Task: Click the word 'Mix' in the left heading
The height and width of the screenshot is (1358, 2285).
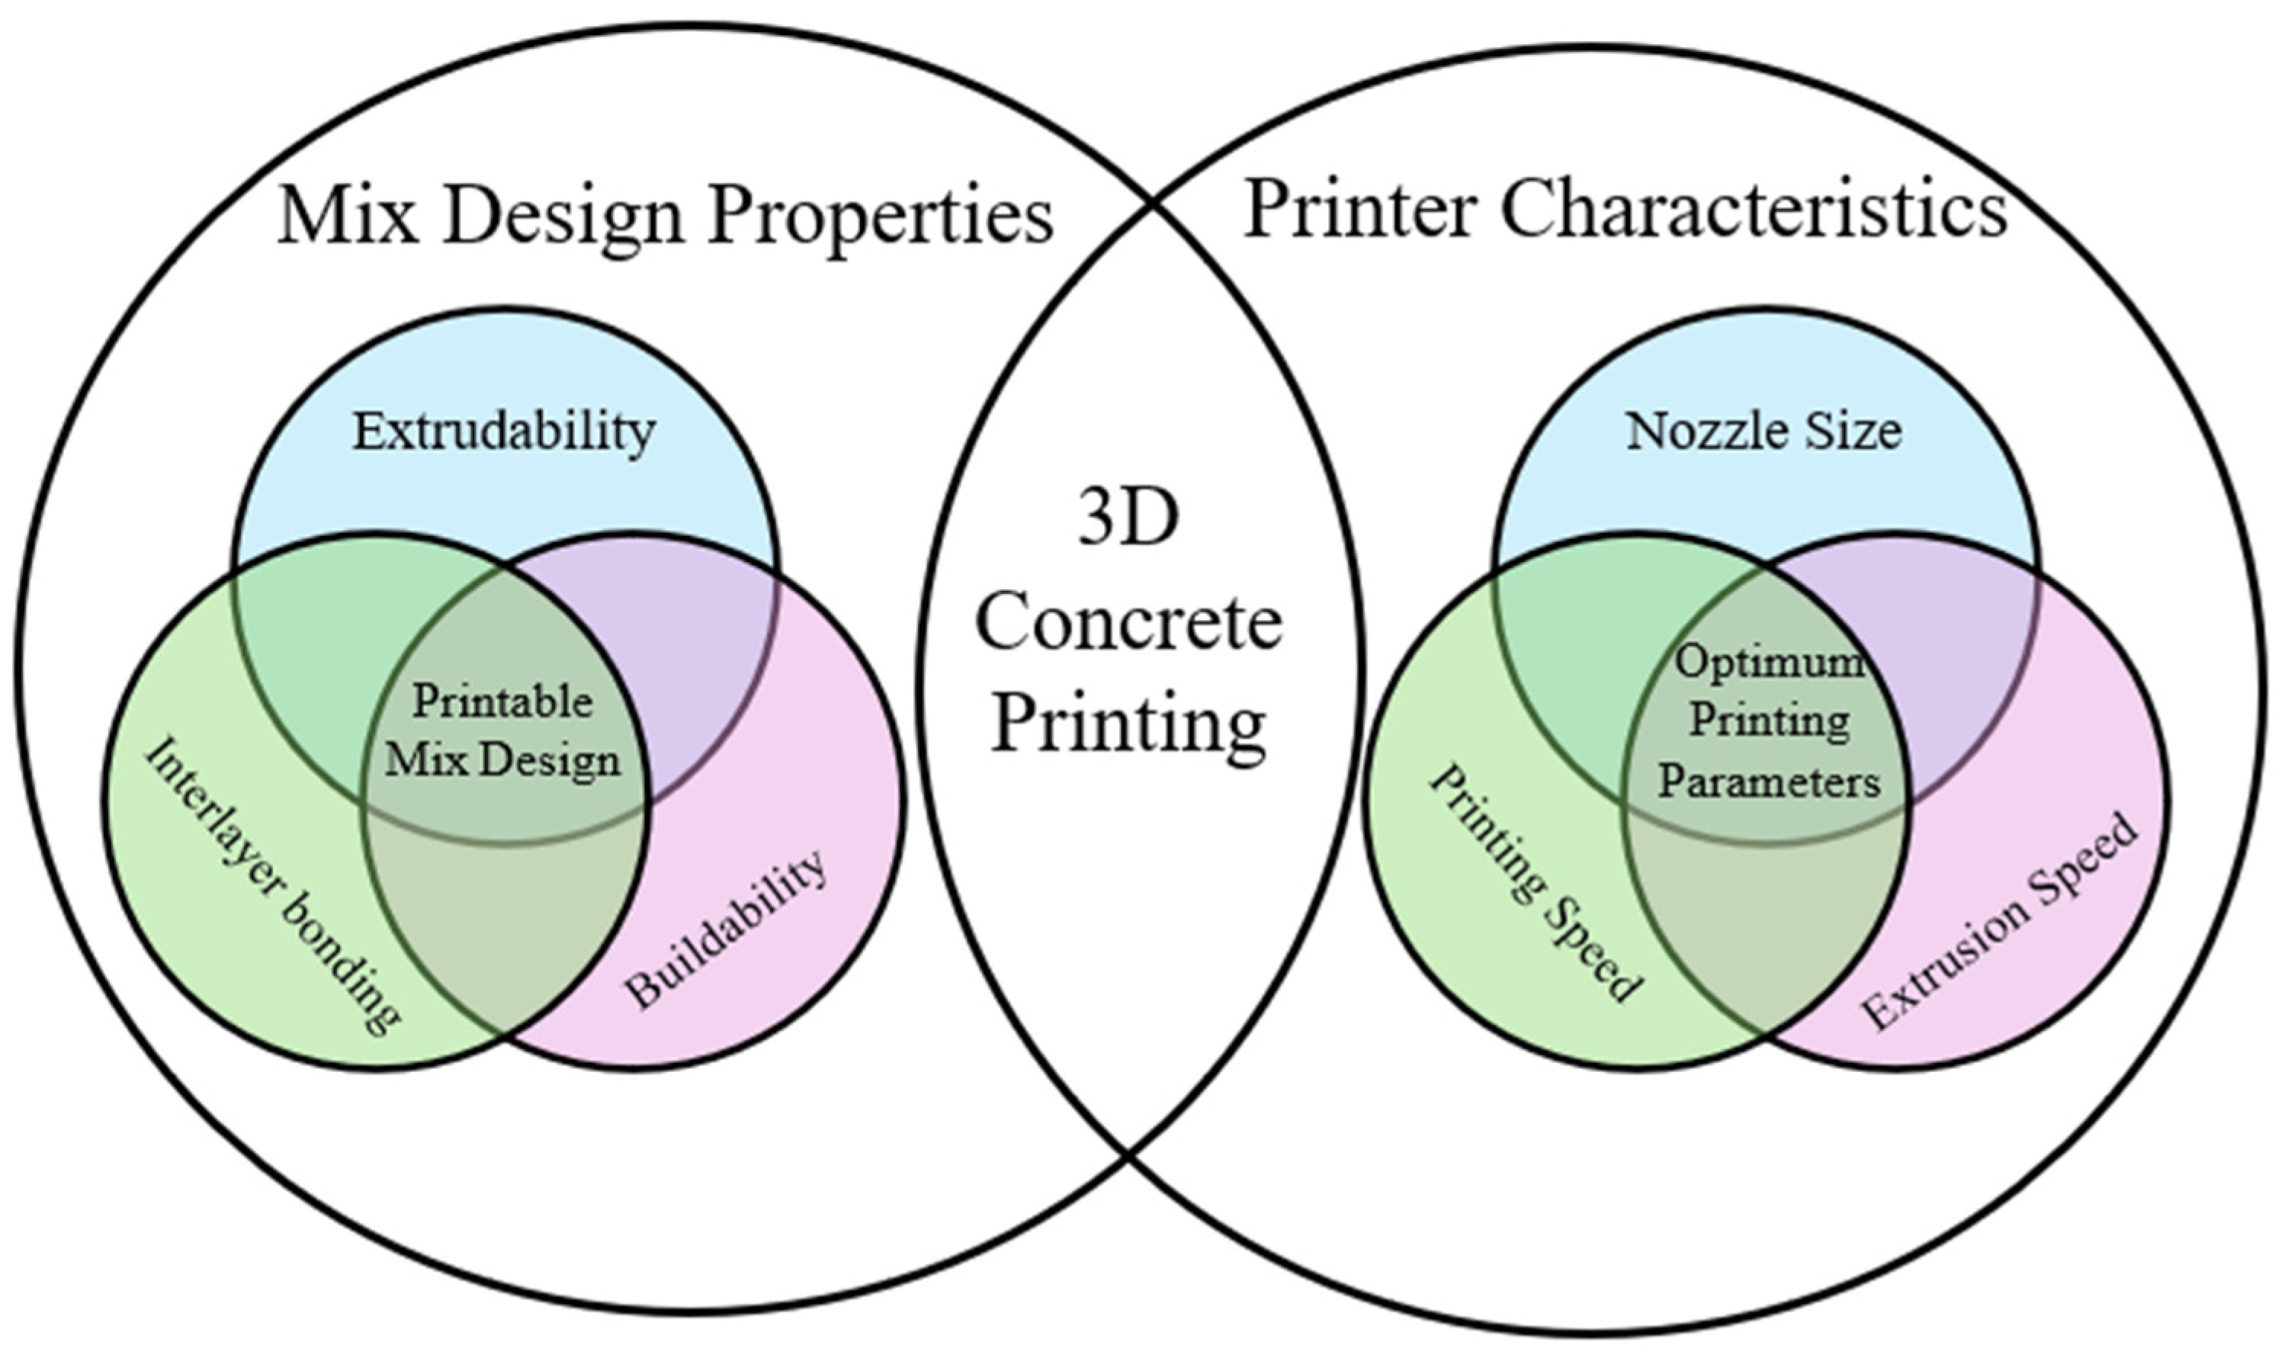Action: click(348, 216)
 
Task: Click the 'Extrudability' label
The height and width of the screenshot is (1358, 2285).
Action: click(504, 431)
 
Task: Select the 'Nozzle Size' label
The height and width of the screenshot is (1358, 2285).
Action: click(1763, 431)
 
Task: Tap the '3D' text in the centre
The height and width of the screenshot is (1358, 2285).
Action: click(1128, 518)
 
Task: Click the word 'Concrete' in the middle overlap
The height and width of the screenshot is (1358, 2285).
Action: click(1128, 622)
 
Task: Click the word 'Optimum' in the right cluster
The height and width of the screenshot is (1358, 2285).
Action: click(1769, 660)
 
